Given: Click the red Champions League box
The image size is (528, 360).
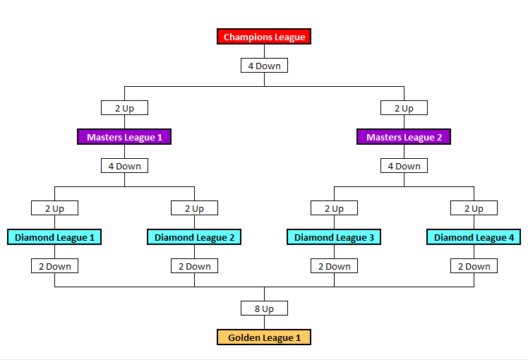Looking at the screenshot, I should pyautogui.click(x=264, y=37).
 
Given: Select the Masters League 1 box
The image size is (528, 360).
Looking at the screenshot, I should pyautogui.click(x=124, y=137).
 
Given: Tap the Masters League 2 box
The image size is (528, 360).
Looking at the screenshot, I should pyautogui.click(x=404, y=137).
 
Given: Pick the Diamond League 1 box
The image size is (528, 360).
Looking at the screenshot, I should pyautogui.click(x=54, y=237).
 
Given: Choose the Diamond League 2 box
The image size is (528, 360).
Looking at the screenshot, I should pyautogui.click(x=194, y=237).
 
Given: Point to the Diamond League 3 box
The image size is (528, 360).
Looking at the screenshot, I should pyautogui.click(x=334, y=237).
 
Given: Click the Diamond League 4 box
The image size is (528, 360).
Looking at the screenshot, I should pyautogui.click(x=474, y=237).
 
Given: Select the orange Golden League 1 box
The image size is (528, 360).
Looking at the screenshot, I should pyautogui.click(x=264, y=337).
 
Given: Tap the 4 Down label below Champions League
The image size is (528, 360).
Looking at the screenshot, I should pyautogui.click(x=264, y=66).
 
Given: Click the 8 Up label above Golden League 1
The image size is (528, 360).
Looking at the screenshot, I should pyautogui.click(x=264, y=308).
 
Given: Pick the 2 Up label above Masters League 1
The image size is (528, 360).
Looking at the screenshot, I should pyautogui.click(x=124, y=108).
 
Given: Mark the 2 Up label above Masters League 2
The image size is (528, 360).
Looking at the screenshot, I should pyautogui.click(x=404, y=108).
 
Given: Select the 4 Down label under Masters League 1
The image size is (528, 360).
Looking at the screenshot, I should pyautogui.click(x=124, y=166).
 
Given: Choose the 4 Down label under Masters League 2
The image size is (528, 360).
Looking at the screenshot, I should pyautogui.click(x=404, y=166).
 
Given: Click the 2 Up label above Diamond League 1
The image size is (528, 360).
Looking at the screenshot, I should pyautogui.click(x=54, y=208).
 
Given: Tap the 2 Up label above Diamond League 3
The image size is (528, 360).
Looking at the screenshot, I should pyautogui.click(x=334, y=208).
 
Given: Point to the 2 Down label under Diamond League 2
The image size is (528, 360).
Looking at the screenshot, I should pyautogui.click(x=194, y=266).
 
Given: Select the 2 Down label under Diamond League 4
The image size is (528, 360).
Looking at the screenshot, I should pyautogui.click(x=474, y=266).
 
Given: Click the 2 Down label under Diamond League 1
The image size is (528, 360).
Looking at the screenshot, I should pyautogui.click(x=54, y=266).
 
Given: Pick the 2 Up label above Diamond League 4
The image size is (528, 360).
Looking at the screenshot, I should pyautogui.click(x=474, y=208).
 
